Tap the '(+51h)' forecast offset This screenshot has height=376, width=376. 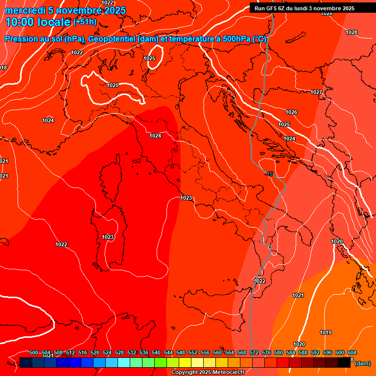[85, 22]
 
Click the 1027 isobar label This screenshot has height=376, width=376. [316, 92]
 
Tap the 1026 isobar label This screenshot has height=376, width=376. [291, 112]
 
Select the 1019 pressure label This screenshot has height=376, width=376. [326, 332]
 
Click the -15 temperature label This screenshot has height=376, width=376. [269, 174]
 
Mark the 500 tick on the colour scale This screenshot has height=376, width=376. [34, 352]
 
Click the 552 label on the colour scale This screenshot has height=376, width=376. [193, 352]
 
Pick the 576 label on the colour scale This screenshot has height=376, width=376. [266, 352]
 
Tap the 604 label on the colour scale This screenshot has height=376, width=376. [352, 352]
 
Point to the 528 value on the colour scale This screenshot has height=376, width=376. [119, 352]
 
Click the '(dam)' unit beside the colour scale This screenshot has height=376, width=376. [362, 363]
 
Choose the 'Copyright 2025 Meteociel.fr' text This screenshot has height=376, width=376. [208, 373]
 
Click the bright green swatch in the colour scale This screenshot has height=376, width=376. [160, 362]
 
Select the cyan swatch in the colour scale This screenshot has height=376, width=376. [123, 362]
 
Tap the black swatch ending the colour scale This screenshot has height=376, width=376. [344, 362]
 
